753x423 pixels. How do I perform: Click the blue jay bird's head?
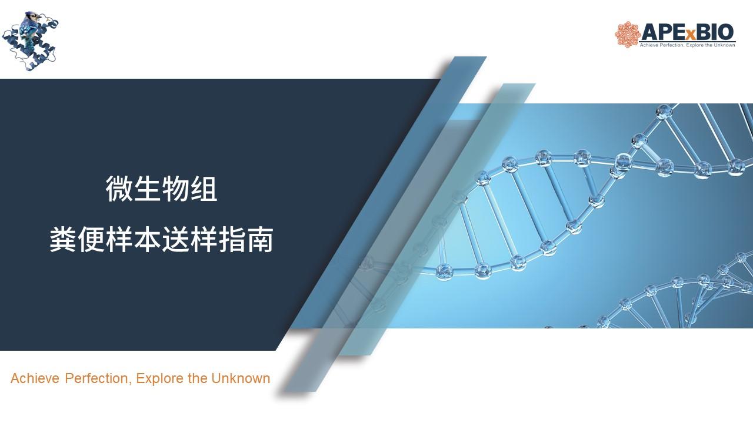[x=31, y=16]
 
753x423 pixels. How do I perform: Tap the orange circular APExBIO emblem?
[x=627, y=35]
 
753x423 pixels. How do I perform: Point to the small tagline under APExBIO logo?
[x=687, y=45]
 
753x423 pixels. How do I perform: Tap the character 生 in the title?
[x=147, y=189]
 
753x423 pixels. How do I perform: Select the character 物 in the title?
[x=175, y=189]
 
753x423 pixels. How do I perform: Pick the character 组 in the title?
[x=204, y=189]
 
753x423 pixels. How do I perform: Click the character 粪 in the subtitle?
[x=63, y=239]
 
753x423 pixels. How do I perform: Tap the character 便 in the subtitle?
[x=91, y=239]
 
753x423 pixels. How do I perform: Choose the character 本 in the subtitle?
[x=147, y=239]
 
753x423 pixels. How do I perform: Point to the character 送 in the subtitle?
[x=175, y=239]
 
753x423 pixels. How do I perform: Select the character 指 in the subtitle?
[x=232, y=239]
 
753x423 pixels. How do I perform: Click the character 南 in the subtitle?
[x=260, y=239]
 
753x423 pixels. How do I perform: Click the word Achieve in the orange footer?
[x=35, y=378]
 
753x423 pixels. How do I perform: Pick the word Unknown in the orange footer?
[x=241, y=378]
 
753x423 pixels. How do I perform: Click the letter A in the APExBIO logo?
[x=648, y=32]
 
